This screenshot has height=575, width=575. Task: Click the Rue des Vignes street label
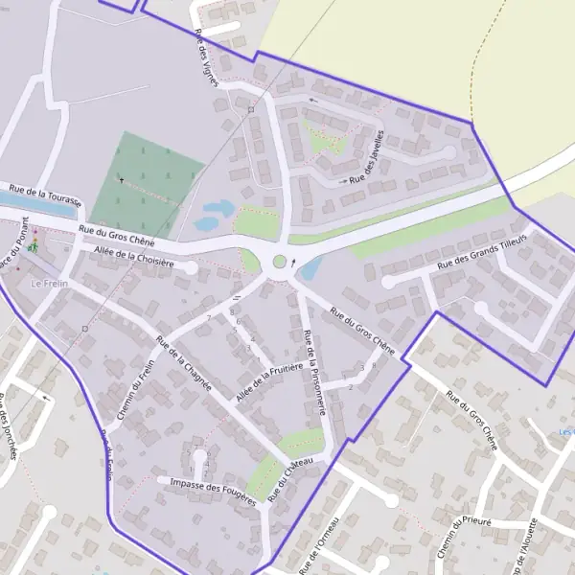point(207,57)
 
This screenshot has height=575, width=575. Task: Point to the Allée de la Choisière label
point(133,256)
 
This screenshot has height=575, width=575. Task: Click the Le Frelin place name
point(51,284)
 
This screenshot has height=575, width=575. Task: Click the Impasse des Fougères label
point(213,488)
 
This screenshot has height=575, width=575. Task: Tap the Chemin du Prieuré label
point(464,536)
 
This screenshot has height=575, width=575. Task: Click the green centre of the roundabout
point(280,261)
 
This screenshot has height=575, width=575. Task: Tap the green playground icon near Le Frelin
point(34,247)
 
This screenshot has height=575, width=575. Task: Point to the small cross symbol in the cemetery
point(122,178)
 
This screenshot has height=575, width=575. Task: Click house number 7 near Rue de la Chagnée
point(208,317)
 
